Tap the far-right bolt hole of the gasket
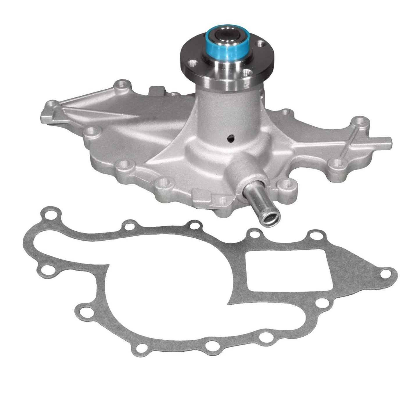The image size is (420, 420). (386, 273)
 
